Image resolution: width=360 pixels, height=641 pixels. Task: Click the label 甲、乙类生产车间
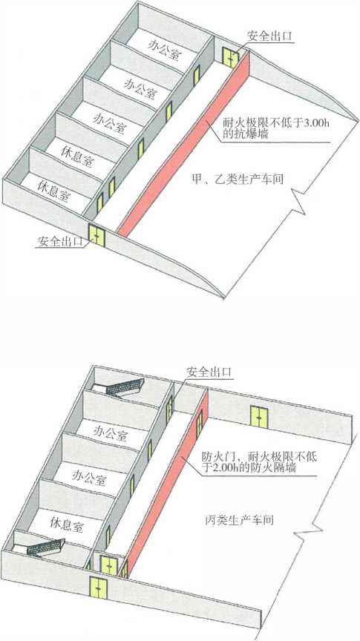tap(238, 179)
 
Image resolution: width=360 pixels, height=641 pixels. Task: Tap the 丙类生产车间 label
tap(238, 520)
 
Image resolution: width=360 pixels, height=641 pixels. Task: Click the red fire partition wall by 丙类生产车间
tap(167, 482)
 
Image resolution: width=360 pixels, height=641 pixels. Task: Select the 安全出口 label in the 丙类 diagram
tap(209, 372)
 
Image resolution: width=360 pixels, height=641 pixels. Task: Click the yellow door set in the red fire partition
tap(199, 424)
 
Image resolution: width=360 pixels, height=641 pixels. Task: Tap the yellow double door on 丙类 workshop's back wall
tap(259, 416)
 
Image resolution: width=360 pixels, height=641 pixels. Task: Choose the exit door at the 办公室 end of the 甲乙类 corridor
tap(230, 58)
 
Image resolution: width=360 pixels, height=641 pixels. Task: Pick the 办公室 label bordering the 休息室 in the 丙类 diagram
tap(88, 476)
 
